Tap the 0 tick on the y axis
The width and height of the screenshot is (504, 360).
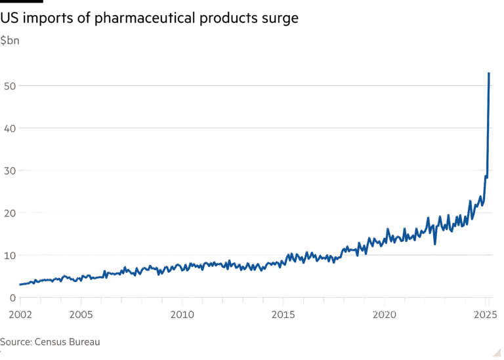(12, 298)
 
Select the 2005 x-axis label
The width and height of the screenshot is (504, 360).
(81, 315)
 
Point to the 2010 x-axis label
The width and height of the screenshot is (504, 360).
(182, 315)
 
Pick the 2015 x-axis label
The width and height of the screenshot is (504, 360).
(283, 315)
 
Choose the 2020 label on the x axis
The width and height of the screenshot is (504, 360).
(385, 315)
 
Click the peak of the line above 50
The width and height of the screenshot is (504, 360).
(489, 73)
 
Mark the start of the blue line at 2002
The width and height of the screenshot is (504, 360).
(20, 285)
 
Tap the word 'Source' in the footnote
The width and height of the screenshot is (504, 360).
(14, 342)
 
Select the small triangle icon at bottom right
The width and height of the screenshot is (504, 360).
(498, 352)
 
